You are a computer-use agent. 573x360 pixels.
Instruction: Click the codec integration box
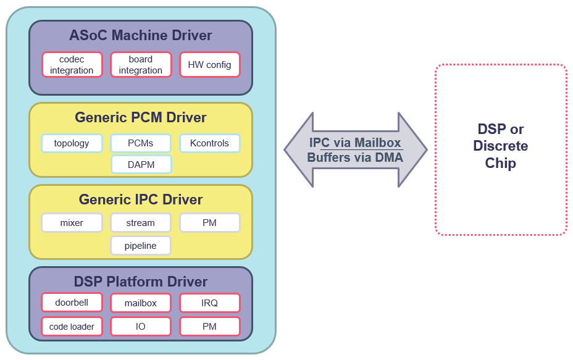click(x=72, y=65)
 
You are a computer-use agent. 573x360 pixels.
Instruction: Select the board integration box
click(x=141, y=65)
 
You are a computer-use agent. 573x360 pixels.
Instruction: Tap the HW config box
click(x=209, y=65)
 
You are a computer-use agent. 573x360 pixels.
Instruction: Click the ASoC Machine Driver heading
click(x=141, y=35)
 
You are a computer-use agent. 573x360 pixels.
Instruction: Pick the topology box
click(x=72, y=143)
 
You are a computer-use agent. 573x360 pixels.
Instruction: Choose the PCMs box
click(x=141, y=143)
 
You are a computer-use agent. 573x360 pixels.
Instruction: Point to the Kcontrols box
click(x=209, y=143)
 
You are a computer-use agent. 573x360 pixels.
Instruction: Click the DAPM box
click(x=141, y=164)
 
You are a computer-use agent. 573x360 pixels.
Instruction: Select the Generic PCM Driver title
click(x=141, y=117)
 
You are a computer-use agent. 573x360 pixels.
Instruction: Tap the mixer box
click(x=72, y=223)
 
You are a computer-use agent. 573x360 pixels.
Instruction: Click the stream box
click(x=141, y=223)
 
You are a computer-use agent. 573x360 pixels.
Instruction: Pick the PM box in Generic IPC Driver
click(x=209, y=223)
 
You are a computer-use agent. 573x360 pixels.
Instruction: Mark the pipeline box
click(x=141, y=246)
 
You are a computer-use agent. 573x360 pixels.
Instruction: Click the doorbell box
click(x=72, y=303)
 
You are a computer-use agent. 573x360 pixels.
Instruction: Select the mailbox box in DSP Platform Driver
click(x=141, y=303)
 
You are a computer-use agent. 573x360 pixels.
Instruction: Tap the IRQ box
click(x=209, y=303)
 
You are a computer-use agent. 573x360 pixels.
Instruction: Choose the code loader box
click(x=72, y=326)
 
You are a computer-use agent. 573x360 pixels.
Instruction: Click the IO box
click(x=141, y=326)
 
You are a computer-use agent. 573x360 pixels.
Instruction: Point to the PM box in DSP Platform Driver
click(x=209, y=326)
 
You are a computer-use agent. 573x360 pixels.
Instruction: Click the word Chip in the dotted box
click(x=500, y=163)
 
